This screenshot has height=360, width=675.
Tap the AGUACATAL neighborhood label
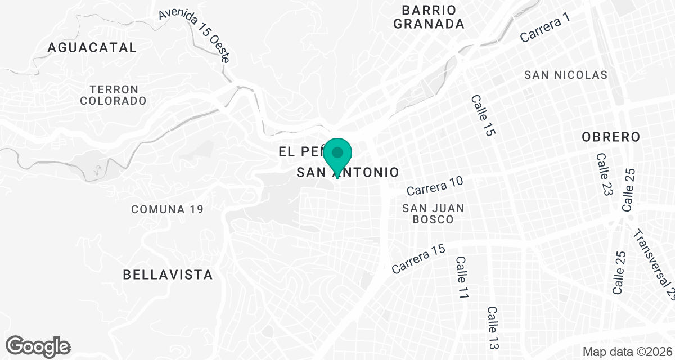(x=92, y=47)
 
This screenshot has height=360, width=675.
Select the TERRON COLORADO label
(x=114, y=95)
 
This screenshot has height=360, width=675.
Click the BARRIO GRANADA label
(x=429, y=17)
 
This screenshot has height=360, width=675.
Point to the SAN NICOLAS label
(x=565, y=75)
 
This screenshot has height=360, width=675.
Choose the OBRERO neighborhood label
(x=611, y=137)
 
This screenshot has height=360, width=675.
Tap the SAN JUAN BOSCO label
(x=433, y=214)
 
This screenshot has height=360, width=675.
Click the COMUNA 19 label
(x=167, y=209)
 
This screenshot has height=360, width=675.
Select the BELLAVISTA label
(x=168, y=275)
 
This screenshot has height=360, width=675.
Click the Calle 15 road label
(x=483, y=115)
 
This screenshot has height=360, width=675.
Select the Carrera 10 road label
(x=435, y=186)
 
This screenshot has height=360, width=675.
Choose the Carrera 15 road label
(x=418, y=259)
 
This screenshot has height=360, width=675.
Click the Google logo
(x=38, y=346)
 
